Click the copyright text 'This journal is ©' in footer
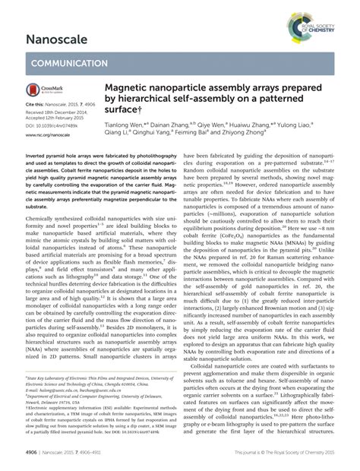(220, 462)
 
